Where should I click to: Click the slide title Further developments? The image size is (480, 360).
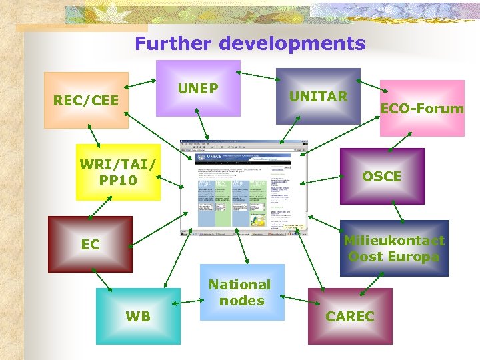(250, 44)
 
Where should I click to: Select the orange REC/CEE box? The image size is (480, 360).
(86, 101)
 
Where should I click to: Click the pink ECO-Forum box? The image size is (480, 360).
(422, 108)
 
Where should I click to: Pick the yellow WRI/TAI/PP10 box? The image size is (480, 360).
(118, 172)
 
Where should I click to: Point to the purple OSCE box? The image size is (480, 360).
(381, 176)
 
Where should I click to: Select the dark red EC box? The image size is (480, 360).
(90, 244)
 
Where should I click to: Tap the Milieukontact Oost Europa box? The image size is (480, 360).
(394, 248)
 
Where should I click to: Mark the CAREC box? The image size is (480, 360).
(350, 316)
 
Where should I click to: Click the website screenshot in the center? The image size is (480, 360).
(243, 187)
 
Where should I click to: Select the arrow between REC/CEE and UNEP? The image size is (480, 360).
(141, 84)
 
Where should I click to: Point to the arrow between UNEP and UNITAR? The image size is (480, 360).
(257, 74)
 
